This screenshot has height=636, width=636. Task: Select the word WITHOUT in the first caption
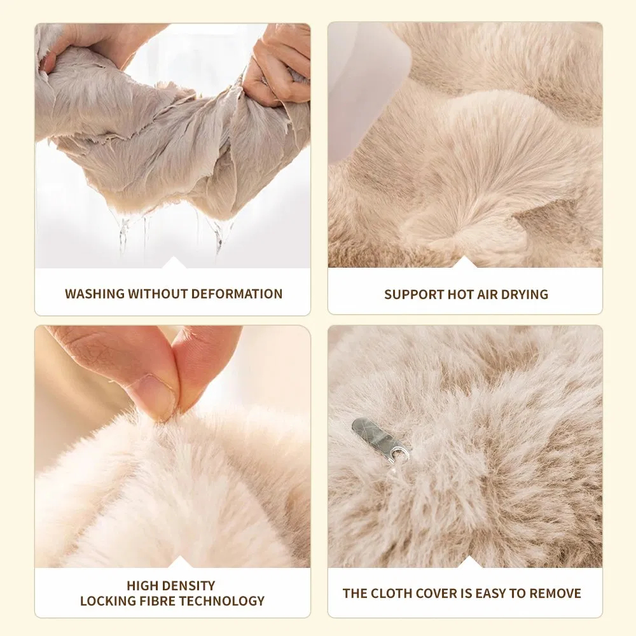tap(158, 294)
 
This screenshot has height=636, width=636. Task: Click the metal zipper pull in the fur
tap(379, 439)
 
